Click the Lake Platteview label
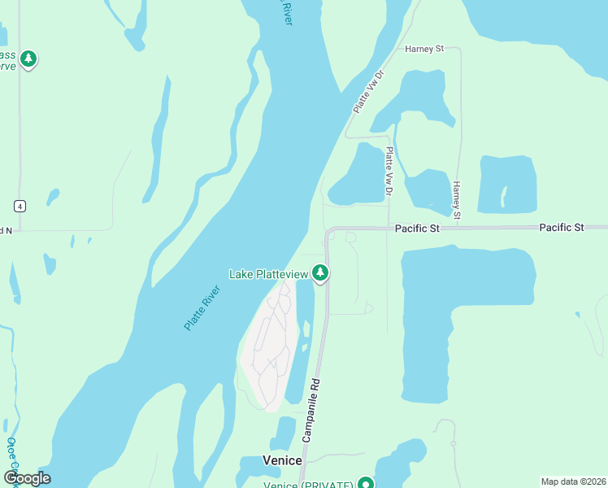coord(269,274)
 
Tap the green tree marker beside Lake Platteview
coord(321,273)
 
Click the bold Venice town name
coord(282,460)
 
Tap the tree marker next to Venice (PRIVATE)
coord(366,483)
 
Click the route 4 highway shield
coord(20,206)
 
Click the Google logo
coord(27,477)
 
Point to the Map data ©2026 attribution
coord(573,481)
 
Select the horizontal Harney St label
coord(424,49)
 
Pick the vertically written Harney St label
coord(457,200)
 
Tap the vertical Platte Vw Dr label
coord(389,171)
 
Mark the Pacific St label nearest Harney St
coord(417,229)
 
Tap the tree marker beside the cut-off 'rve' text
coord(29,59)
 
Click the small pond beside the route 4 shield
coord(53,197)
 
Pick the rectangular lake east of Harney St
coord(508,183)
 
